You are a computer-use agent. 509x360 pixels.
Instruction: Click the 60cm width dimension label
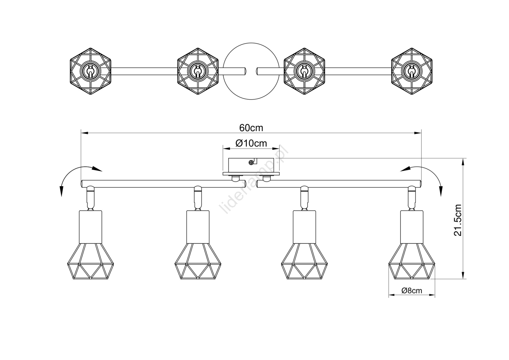pyautogui.click(x=251, y=128)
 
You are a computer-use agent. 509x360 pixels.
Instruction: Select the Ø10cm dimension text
pyautogui.click(x=251, y=143)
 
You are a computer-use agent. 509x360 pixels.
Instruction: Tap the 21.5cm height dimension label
pyautogui.click(x=458, y=220)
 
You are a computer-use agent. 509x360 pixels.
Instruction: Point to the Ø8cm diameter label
pyautogui.click(x=412, y=291)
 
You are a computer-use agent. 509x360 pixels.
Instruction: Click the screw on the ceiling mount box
pyautogui.click(x=251, y=162)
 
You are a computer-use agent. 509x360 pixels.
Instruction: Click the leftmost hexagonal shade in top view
pyautogui.click(x=90, y=71)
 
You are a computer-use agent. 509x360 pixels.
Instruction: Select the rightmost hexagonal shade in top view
pyautogui.click(x=412, y=71)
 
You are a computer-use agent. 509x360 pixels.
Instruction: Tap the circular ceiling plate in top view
pyautogui.click(x=251, y=43)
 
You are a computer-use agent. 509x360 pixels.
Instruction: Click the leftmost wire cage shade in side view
pyautogui.click(x=90, y=261)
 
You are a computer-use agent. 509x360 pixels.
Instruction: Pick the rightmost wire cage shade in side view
pyautogui.click(x=412, y=261)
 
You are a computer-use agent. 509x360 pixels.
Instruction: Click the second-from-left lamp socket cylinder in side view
pyautogui.click(x=198, y=227)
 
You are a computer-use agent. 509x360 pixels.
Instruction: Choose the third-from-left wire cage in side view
pyautogui.click(x=304, y=261)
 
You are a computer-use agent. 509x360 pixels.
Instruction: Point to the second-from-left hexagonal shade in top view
pyautogui.click(x=198, y=71)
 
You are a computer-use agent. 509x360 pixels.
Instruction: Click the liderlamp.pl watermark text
pyautogui.click(x=253, y=180)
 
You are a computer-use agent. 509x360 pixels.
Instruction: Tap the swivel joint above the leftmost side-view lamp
pyautogui.click(x=90, y=198)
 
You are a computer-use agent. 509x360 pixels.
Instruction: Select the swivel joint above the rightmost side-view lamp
pyautogui.click(x=412, y=198)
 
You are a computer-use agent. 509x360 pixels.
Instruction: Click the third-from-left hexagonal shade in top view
pyautogui.click(x=304, y=71)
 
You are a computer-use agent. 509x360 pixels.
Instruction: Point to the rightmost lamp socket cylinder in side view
pyautogui.click(x=412, y=227)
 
